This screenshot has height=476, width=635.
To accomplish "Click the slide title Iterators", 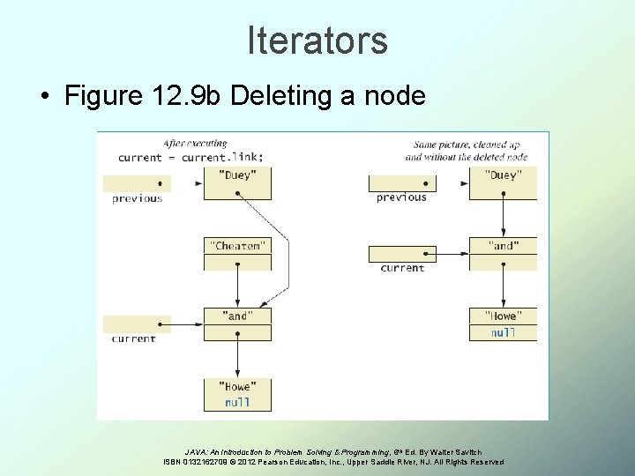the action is [x=317, y=41].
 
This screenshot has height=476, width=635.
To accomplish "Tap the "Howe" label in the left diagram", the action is [x=237, y=386].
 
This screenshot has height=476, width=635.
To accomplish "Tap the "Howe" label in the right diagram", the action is [x=502, y=316].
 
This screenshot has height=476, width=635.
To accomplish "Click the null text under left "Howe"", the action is [x=237, y=402].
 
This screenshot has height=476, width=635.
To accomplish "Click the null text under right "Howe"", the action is [x=502, y=332].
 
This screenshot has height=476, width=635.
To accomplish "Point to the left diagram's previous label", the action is [x=137, y=198].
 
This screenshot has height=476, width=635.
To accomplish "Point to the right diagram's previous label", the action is [x=401, y=197].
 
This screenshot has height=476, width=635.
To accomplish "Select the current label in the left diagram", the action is [x=134, y=338].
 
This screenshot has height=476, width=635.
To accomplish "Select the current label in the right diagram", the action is [x=402, y=268].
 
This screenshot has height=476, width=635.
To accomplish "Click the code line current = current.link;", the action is [x=190, y=157].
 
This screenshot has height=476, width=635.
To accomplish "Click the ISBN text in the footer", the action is [x=185, y=462].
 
